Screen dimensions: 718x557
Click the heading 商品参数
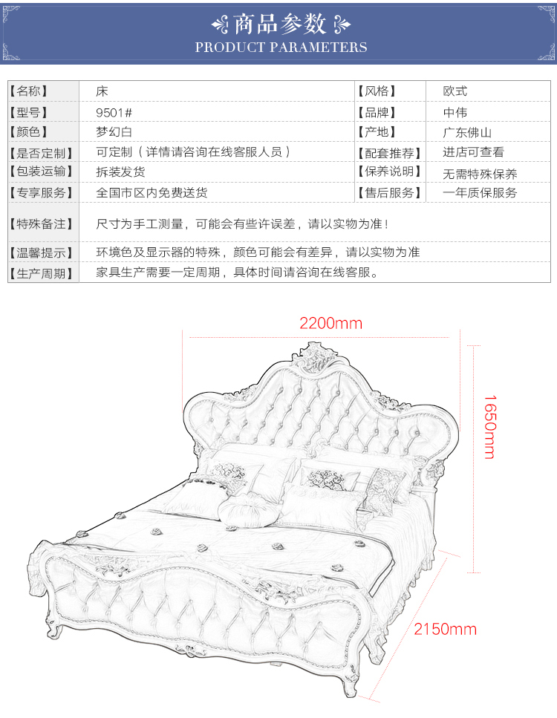(x=280, y=25)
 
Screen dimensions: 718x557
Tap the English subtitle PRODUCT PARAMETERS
(x=281, y=48)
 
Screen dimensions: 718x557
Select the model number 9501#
(x=114, y=112)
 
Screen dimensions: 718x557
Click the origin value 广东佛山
(x=467, y=132)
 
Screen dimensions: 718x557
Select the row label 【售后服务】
(x=388, y=192)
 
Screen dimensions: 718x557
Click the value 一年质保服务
(x=480, y=192)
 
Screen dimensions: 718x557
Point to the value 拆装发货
(x=121, y=172)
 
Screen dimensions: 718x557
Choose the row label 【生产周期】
(x=42, y=272)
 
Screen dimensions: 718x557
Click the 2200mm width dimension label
(x=330, y=323)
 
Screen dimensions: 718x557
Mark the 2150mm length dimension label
(x=445, y=630)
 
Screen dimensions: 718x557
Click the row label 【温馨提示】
(x=42, y=252)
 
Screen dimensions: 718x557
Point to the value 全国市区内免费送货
(x=152, y=192)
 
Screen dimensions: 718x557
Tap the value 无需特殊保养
(x=480, y=174)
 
